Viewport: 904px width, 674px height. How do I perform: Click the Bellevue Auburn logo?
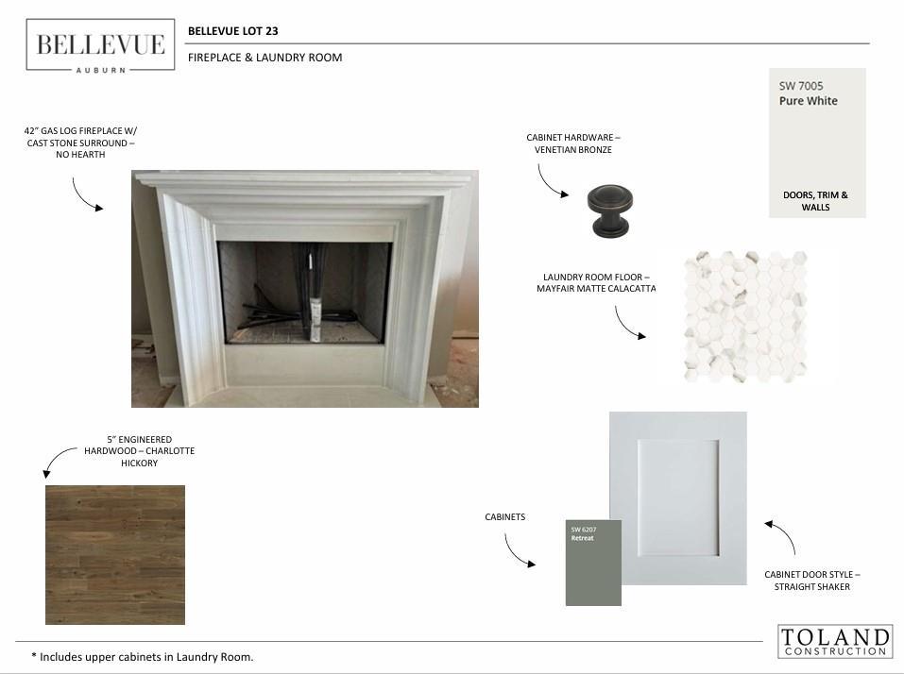pyautogui.click(x=100, y=45)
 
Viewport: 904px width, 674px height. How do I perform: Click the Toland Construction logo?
pyautogui.click(x=835, y=641)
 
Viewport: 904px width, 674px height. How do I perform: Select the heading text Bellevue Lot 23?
pyautogui.click(x=233, y=31)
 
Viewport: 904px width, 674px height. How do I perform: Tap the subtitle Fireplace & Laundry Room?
pyautogui.click(x=265, y=58)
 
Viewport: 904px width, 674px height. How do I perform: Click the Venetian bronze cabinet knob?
pyautogui.click(x=610, y=211)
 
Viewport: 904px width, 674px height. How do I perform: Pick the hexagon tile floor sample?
pyautogui.click(x=745, y=316)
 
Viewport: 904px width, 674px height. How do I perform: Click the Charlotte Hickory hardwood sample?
pyautogui.click(x=115, y=555)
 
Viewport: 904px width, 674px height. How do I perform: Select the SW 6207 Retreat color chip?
pyautogui.click(x=593, y=563)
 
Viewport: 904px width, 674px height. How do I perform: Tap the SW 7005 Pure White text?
pyautogui.click(x=809, y=93)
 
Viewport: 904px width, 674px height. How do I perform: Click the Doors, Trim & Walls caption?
pyautogui.click(x=815, y=201)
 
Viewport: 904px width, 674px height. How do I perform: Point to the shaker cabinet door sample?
pyautogui.click(x=678, y=498)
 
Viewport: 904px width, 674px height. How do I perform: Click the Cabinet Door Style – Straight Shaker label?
pyautogui.click(x=811, y=581)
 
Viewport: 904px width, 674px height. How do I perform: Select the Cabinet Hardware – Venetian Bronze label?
pyautogui.click(x=573, y=143)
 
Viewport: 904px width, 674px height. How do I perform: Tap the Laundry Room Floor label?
pyautogui.click(x=596, y=283)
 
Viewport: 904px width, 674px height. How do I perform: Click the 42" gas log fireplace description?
pyautogui.click(x=80, y=143)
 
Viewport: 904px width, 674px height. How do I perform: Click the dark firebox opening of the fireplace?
pyautogui.click(x=304, y=293)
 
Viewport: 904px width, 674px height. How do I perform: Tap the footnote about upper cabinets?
pyautogui.click(x=143, y=657)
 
